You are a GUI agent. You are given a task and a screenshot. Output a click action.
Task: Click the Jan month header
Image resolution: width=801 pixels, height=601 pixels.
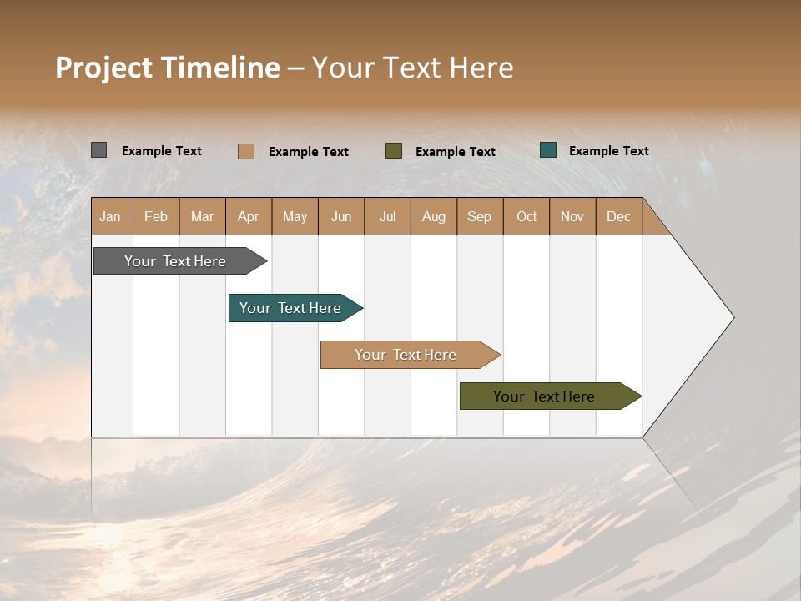(x=110, y=216)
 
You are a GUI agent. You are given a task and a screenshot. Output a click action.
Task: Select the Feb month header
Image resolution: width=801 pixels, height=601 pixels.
(x=156, y=216)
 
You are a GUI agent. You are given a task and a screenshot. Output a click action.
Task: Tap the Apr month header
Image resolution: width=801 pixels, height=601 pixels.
(x=248, y=216)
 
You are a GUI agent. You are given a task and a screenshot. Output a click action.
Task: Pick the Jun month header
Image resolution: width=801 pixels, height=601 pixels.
(x=341, y=216)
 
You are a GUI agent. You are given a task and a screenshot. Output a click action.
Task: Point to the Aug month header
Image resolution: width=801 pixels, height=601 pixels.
(x=433, y=216)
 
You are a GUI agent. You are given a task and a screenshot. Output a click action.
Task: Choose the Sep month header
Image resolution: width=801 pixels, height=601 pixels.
(x=479, y=216)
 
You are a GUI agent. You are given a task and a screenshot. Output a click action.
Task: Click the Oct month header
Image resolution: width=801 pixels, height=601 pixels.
(x=526, y=216)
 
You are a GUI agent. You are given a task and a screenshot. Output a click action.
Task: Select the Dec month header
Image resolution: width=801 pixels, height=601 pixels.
(x=618, y=216)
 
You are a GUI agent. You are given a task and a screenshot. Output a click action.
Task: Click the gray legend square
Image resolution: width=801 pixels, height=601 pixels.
(x=98, y=150)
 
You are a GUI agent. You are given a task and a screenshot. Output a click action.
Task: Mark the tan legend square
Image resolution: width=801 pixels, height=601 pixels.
(x=245, y=151)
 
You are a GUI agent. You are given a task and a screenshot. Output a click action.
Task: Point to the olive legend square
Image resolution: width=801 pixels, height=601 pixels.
(x=394, y=151)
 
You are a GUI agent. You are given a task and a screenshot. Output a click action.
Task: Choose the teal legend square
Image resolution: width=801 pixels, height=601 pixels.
(x=548, y=150)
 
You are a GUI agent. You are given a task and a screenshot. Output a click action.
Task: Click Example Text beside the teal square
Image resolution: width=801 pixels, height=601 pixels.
(x=608, y=151)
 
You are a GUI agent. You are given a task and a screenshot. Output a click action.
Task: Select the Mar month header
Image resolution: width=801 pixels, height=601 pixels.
(x=202, y=216)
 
